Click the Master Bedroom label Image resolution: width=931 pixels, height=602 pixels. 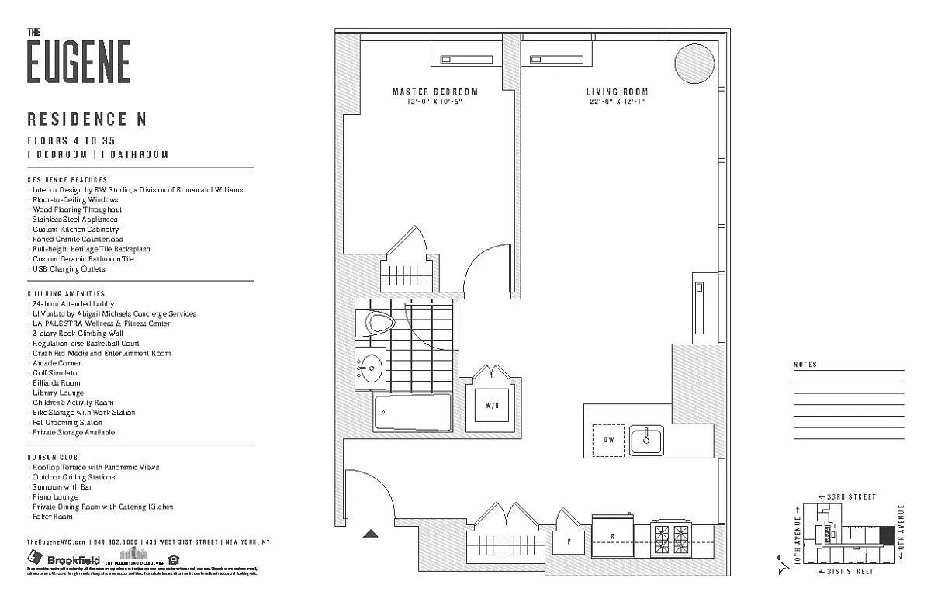tap(434, 92)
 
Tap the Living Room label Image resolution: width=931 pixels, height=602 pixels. tap(617, 92)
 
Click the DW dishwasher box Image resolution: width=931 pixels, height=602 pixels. tap(608, 440)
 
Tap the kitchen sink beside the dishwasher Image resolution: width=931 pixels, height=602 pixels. tap(645, 440)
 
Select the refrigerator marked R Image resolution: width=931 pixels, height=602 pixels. tap(612, 535)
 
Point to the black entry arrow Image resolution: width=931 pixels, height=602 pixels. tap(371, 533)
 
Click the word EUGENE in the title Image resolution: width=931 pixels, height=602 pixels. tap(79, 62)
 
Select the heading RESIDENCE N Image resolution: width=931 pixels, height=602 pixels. tap(87, 119)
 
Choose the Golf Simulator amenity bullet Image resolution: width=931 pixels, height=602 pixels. tap(56, 373)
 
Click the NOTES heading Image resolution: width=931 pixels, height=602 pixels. tap(806, 365)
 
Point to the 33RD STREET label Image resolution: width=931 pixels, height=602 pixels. tap(850, 496)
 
